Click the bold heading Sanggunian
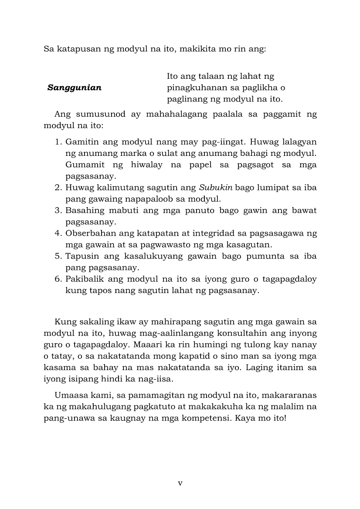click(75, 88)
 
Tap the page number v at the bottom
click(180, 483)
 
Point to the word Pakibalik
click(84, 279)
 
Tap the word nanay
click(306, 345)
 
